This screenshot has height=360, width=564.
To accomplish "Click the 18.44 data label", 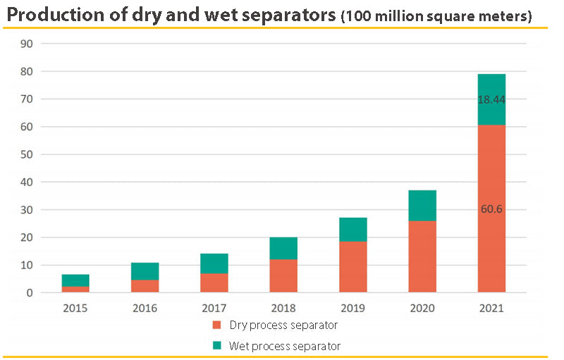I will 491,101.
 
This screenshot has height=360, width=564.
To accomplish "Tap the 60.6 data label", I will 491,209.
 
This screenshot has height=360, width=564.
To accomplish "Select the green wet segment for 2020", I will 422,206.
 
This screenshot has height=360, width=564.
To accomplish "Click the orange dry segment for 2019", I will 352,267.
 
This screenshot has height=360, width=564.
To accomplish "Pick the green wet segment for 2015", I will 75,280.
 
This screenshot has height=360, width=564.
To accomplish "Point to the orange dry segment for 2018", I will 283,275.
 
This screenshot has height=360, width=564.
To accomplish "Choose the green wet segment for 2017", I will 214,263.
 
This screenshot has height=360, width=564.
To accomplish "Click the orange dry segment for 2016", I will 145,286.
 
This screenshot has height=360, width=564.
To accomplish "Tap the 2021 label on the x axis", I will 491,308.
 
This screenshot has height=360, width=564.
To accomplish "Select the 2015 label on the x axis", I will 75,308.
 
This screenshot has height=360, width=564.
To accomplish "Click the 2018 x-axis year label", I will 283,308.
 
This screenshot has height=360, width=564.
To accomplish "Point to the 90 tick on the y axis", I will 27,44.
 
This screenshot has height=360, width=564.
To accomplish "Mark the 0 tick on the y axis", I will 30,293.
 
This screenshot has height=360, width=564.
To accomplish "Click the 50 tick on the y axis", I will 27,155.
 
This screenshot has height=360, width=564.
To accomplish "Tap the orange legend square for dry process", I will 216,325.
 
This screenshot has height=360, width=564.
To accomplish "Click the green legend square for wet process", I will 216,345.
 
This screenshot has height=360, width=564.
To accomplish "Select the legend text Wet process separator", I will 287,346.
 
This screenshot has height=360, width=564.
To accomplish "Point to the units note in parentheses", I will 436,16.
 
